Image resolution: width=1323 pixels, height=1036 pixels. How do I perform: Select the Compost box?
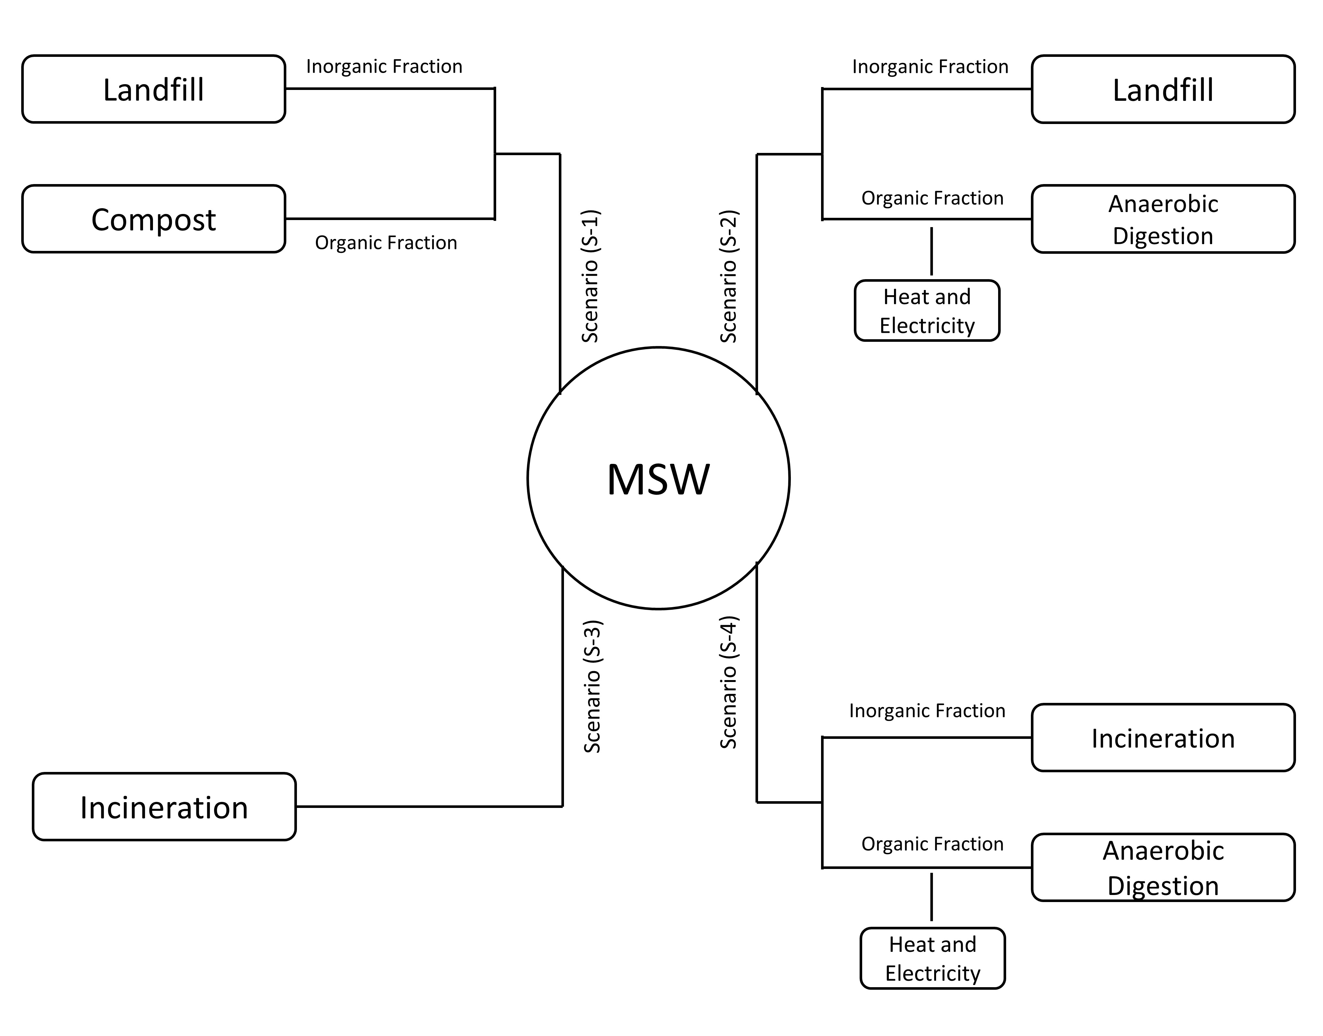tap(154, 219)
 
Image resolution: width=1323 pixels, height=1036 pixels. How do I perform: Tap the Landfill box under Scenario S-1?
tap(154, 89)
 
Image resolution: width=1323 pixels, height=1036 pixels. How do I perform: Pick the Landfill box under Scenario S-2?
tap(1163, 89)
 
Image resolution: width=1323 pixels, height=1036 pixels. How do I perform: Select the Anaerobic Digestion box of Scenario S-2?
tap(1163, 219)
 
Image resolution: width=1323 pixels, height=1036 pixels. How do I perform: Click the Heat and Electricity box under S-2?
tap(927, 311)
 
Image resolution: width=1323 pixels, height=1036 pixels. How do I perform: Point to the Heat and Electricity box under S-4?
tap(932, 958)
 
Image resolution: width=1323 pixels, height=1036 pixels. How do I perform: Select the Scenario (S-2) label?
tap(729, 276)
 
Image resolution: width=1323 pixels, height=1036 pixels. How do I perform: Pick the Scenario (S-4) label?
tap(729, 682)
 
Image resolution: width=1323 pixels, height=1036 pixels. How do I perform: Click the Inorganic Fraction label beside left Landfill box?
tap(384, 66)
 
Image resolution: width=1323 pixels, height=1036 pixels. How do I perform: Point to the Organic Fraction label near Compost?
tap(386, 243)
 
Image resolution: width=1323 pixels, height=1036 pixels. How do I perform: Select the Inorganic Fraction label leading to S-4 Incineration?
tap(927, 710)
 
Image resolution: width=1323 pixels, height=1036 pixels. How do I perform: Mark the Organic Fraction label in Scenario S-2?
tap(932, 198)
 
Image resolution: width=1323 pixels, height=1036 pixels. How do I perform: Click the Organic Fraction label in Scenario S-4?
tap(932, 844)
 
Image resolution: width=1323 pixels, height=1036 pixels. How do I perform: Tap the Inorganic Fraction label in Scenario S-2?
tap(930, 66)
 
